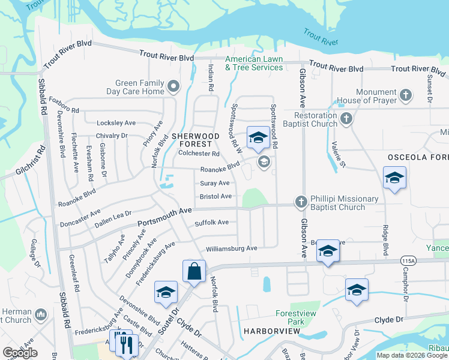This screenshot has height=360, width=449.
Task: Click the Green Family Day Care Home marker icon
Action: [x=174, y=87]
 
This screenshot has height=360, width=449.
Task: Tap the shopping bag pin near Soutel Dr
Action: [x=194, y=272]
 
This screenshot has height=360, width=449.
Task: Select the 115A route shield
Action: [x=409, y=260]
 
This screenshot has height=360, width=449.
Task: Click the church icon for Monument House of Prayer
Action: [x=406, y=94]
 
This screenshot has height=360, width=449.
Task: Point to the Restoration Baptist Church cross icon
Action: [x=346, y=119]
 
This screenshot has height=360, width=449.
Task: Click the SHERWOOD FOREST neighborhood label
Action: [x=191, y=140]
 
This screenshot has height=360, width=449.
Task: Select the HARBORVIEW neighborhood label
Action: [x=268, y=331]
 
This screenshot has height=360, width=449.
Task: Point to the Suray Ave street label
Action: [x=214, y=183]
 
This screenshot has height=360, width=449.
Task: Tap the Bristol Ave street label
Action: [x=215, y=196]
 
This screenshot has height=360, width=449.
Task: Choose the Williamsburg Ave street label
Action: [x=231, y=248]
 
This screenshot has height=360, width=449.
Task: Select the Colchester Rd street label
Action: [x=199, y=153]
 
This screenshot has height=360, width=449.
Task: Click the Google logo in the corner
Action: [x=20, y=353]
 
